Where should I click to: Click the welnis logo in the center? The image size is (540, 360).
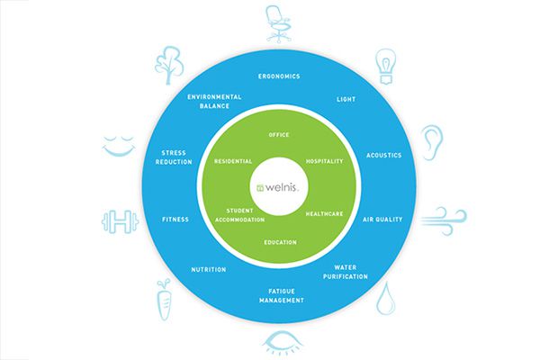pos(277,187)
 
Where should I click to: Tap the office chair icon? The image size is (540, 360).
pos(278,24)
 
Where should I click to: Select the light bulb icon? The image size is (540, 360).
pos(386,67)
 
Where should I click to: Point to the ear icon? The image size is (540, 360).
pos(431,142)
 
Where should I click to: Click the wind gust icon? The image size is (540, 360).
pos(444,220)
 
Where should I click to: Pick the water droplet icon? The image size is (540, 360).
pos(385,299)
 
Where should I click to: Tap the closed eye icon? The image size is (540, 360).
pos(283,343)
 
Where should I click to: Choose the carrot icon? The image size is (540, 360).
pos(165,300)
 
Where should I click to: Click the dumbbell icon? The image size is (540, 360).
pos(121,221)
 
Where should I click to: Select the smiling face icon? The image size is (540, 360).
pos(119,147)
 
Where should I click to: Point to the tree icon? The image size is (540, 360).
pos(169,66)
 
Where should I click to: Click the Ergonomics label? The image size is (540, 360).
pos(279,76)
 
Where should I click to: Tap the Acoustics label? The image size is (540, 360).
pos(383,156)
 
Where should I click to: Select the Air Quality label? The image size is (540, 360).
pos(382,220)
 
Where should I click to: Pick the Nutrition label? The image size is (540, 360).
pos(209,270)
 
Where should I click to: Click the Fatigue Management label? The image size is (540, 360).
pos(282,296)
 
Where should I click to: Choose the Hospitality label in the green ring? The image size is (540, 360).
pos(324,161)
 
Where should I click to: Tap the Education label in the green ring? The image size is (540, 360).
pos(280,242)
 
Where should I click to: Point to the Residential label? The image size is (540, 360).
pos(233,161)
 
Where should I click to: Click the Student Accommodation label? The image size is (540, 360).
pos(239,215)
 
